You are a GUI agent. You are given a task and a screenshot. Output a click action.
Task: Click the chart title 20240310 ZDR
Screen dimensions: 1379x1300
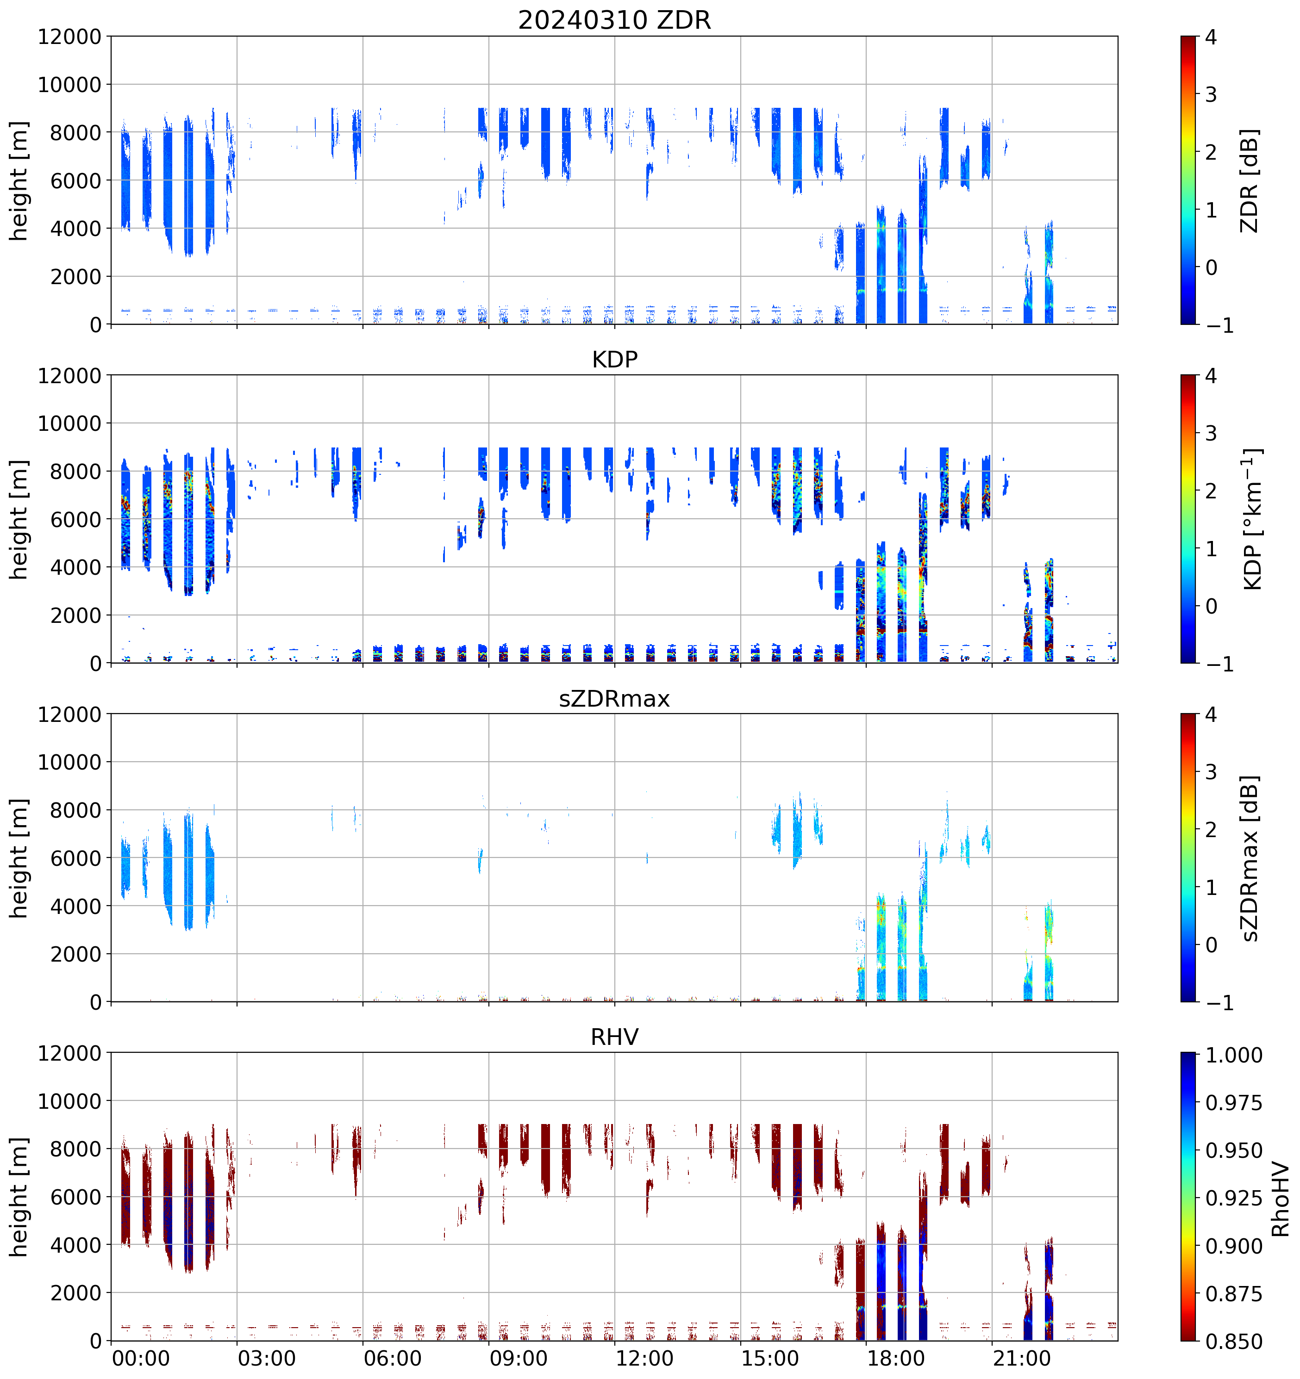pyautogui.click(x=614, y=20)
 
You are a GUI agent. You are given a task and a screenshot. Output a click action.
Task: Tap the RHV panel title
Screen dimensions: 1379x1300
pyautogui.click(x=614, y=1037)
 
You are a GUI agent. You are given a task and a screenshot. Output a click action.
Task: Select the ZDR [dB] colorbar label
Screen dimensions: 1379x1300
pyautogui.click(x=1250, y=180)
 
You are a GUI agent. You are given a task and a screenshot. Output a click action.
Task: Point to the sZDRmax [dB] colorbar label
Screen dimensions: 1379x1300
pyautogui.click(x=1250, y=858)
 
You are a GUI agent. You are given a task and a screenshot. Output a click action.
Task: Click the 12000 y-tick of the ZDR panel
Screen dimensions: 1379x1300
pyautogui.click(x=69, y=37)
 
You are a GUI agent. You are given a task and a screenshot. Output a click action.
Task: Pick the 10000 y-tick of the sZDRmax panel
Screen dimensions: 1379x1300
pyautogui.click(x=69, y=762)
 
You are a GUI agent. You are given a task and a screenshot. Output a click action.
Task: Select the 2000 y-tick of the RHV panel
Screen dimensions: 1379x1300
pyautogui.click(x=75, y=1293)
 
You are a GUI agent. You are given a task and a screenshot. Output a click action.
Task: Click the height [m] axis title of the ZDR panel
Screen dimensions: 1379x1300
pyautogui.click(x=19, y=180)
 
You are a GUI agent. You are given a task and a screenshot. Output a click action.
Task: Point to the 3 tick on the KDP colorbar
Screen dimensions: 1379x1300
pyautogui.click(x=1211, y=434)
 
